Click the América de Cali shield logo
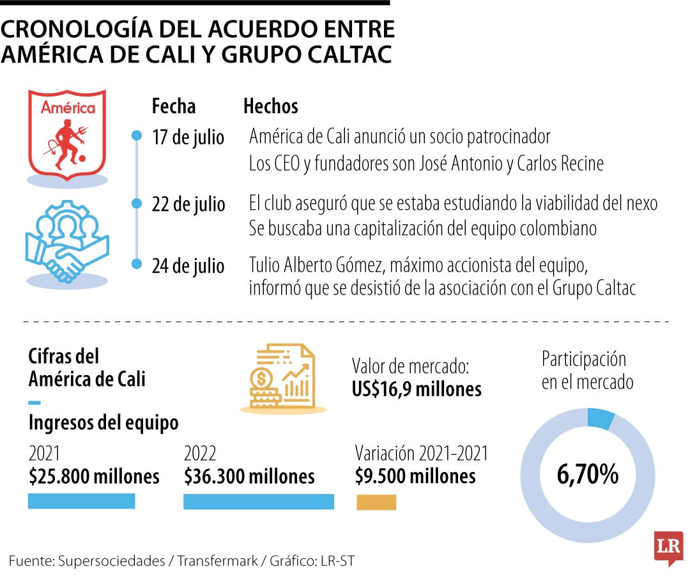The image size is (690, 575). pos(67,134)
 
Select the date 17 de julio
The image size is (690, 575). pos(188,137)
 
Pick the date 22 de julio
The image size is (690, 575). pos(188,204)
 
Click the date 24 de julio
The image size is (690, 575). pos(188,265)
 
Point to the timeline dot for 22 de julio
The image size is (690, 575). pos(136,203)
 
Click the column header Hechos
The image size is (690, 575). pos(270,106)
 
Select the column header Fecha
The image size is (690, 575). pos(173,106)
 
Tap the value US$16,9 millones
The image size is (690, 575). pos(417,388)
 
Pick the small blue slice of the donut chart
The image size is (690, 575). pos(601,418)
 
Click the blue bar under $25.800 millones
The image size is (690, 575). pos(81,501)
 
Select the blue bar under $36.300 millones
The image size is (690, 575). pos(258,502)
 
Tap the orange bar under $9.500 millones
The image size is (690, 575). pos(376,502)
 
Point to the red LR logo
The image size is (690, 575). pos(668,548)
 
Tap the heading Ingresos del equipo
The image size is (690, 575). pos(103,422)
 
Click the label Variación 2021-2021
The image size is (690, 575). pos(422,454)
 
